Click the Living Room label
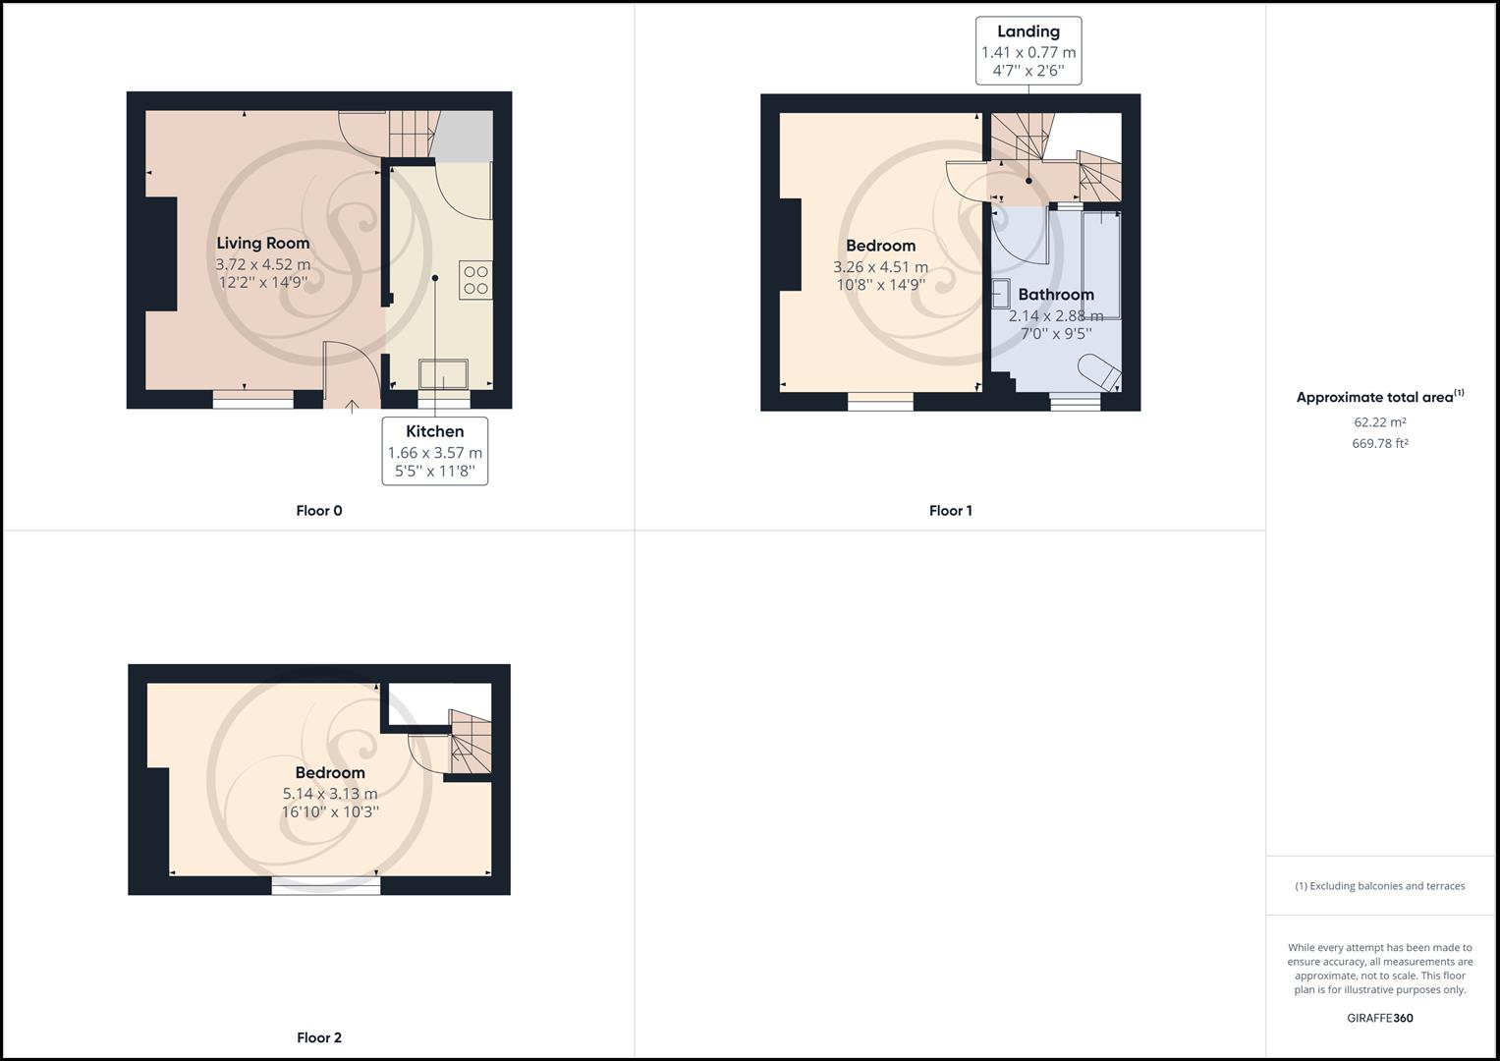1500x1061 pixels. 262,244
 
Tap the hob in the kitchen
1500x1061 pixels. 475,280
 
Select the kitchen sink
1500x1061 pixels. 444,374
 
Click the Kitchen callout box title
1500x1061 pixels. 434,431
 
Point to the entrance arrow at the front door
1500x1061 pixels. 353,404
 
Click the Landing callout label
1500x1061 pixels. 1028,32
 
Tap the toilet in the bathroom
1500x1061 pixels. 1099,372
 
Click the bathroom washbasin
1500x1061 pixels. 1001,293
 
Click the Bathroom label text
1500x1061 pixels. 1055,295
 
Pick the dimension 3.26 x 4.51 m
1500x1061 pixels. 880,267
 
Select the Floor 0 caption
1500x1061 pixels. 319,511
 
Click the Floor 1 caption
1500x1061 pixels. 950,511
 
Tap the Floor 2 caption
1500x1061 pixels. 319,1037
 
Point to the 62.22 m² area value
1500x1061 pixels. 1379,422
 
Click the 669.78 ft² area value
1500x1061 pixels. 1379,443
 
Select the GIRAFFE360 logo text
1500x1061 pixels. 1379,1018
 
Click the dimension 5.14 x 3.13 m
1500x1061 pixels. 330,794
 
